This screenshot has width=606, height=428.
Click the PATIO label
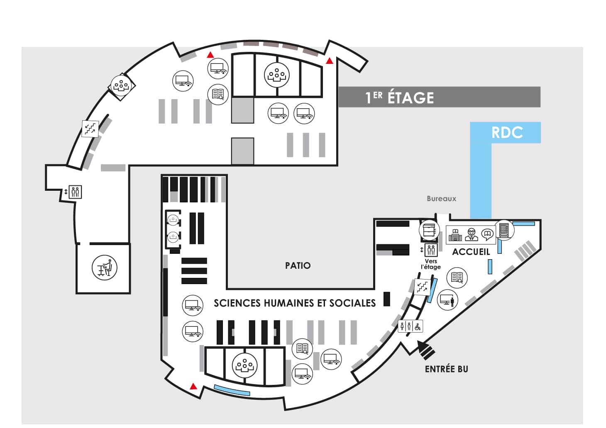click(298, 265)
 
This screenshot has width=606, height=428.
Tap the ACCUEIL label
click(471, 252)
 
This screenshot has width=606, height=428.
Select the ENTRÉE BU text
click(446, 369)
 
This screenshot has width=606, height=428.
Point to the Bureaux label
click(442, 199)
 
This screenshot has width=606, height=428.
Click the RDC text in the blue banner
click(507, 132)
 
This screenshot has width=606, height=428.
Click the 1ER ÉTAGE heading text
click(400, 97)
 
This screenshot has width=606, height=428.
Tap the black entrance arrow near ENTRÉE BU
click(426, 350)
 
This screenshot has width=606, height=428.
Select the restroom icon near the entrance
click(410, 327)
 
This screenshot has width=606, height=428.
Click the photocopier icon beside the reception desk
click(429, 230)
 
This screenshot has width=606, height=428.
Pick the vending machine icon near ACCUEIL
click(504, 230)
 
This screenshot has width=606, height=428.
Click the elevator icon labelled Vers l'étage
click(431, 250)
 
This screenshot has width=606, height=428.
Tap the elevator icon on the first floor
click(75, 192)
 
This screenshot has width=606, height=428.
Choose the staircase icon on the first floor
click(90, 129)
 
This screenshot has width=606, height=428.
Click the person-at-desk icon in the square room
click(105, 267)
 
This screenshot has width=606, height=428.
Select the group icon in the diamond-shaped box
click(121, 86)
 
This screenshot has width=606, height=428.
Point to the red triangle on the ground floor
click(193, 387)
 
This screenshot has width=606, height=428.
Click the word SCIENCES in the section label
click(238, 303)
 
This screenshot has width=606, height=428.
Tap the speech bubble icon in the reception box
click(488, 234)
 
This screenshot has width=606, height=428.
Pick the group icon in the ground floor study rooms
click(244, 365)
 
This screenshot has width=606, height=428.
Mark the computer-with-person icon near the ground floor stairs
click(447, 300)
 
